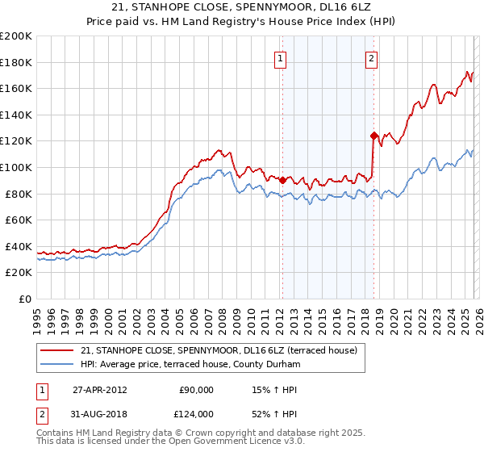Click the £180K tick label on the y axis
pyautogui.click(x=16, y=62)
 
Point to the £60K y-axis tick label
pyautogui.click(x=19, y=220)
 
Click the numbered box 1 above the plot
pyautogui.click(x=280, y=58)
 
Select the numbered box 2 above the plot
pyautogui.click(x=371, y=58)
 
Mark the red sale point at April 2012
pyautogui.click(x=282, y=181)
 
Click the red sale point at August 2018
pyautogui.click(x=373, y=136)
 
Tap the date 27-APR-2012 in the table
pyautogui.click(x=99, y=389)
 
